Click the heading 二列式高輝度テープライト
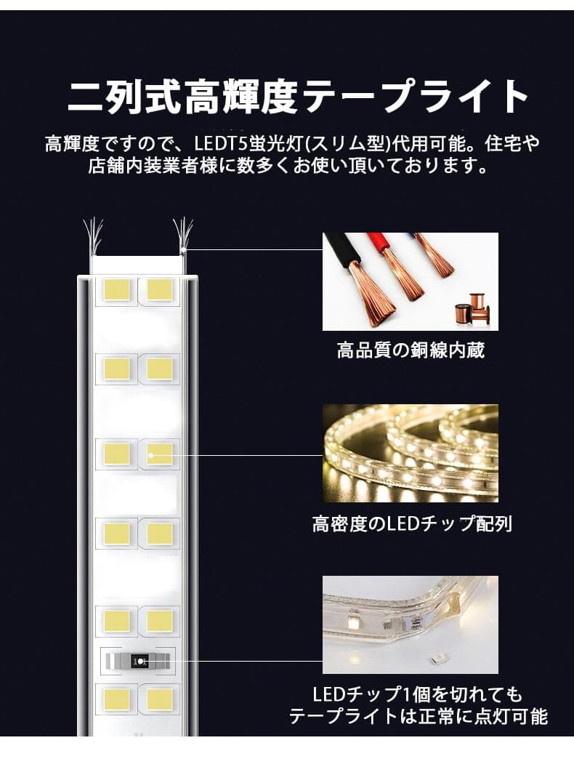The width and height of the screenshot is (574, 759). coord(298,97)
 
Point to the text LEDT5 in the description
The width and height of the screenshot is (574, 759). coord(217,143)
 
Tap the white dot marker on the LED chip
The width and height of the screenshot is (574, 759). coord(151,455)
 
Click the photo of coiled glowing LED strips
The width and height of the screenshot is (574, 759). coord(411,453)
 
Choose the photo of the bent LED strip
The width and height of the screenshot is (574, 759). coord(411,625)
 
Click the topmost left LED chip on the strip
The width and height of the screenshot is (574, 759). coord(117,289)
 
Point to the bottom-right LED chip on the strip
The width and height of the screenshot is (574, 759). coord(159,700)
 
